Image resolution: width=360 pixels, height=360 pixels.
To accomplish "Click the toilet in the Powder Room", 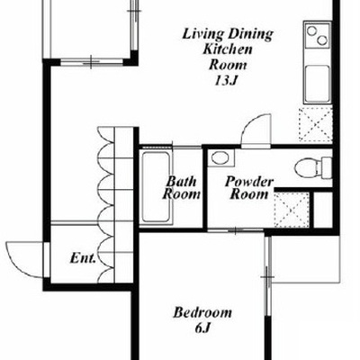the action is [313, 168].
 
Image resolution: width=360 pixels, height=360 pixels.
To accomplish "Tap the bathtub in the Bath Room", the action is [156, 187].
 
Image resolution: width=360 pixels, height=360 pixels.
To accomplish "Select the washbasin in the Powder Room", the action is [221, 158].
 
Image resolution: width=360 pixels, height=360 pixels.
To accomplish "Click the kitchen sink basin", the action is [317, 84].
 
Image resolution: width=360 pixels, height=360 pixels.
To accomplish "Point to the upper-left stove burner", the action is [312, 31].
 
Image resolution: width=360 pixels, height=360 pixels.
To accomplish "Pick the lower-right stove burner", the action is [322, 40].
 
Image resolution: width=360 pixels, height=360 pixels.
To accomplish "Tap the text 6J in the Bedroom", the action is [202, 328].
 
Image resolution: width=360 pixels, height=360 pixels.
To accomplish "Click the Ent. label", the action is [83, 258].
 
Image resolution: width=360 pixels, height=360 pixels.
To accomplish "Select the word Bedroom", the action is [202, 312].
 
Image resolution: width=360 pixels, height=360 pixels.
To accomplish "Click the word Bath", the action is [182, 181].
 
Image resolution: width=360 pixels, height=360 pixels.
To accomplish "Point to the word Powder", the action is [249, 182].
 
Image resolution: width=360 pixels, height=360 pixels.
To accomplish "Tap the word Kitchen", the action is [228, 49].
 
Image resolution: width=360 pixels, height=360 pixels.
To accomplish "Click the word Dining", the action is [249, 34].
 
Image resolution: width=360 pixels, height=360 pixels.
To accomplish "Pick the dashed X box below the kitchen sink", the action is [315, 124].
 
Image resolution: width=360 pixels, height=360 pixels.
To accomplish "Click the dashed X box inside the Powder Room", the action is [292, 210].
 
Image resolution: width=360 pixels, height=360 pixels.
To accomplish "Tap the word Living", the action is [203, 34].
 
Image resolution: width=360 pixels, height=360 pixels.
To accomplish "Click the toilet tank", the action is [326, 168].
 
